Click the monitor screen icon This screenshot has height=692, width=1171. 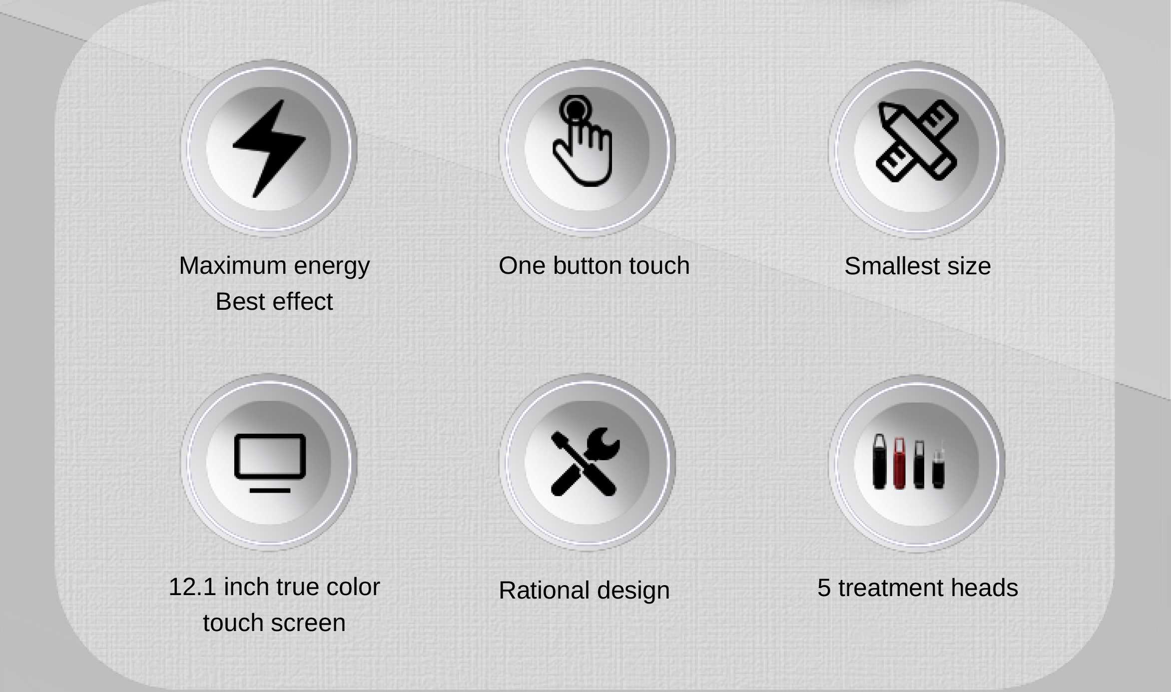pos(270,463)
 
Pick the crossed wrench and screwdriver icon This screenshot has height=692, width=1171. pos(585,462)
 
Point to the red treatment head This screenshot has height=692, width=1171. pos(899,463)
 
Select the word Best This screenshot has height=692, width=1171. pos(240,301)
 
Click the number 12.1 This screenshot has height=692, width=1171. pos(192,587)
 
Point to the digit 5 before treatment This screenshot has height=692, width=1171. pos(824,588)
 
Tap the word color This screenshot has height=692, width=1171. pos(353,587)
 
